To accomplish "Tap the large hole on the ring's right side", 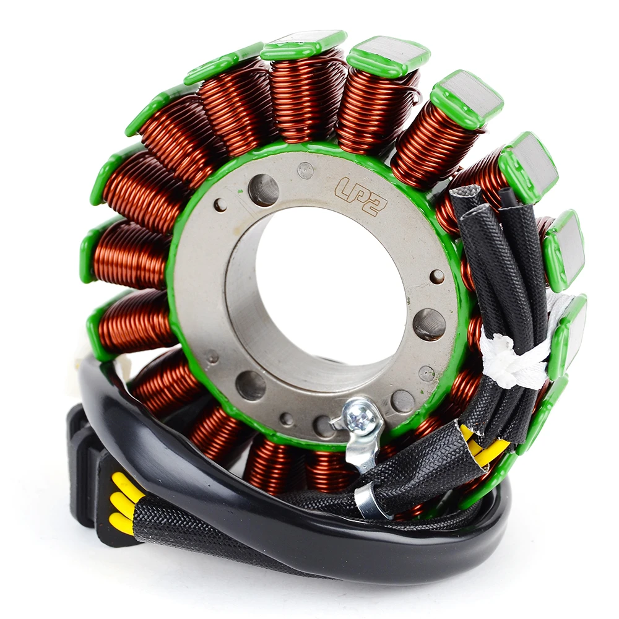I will [429, 324].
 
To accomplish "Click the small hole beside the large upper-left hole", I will [220, 205].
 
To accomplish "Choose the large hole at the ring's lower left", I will [251, 385].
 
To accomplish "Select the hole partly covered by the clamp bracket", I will [324, 426].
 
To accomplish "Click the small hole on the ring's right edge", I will [437, 276].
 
